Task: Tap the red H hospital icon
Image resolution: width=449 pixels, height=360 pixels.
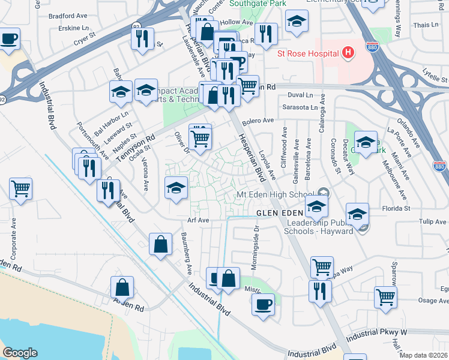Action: [x=348, y=53]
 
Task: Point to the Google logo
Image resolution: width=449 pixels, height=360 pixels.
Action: [x=20, y=352]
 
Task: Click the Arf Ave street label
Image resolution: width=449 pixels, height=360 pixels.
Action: [x=198, y=221]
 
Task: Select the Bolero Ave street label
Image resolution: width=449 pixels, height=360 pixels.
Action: [x=258, y=121]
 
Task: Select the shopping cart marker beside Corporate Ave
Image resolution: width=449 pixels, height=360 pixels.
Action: [x=21, y=190]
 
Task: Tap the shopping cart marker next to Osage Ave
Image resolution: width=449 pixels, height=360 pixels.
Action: [x=385, y=296]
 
